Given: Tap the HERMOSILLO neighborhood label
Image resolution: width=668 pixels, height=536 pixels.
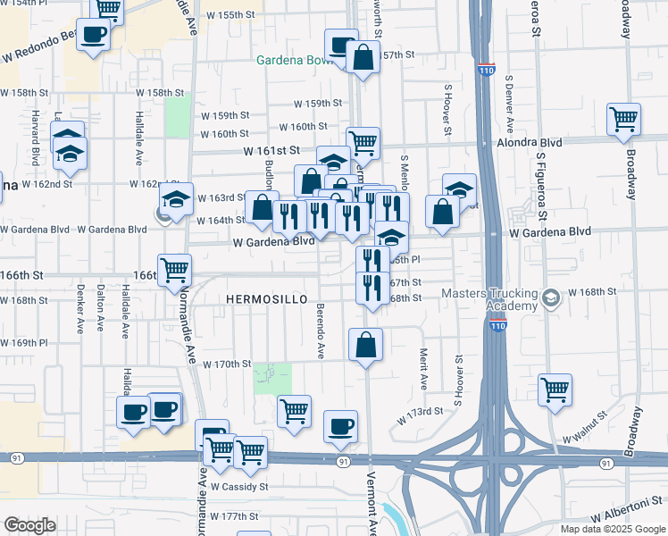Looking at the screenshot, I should click(x=267, y=298).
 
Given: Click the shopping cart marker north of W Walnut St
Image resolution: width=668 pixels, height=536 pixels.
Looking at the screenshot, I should click(x=555, y=390).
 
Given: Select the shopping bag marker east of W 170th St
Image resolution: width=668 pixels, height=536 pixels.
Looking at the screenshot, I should click(x=366, y=345).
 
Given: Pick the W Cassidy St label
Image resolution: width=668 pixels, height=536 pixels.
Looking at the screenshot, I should click(x=239, y=487).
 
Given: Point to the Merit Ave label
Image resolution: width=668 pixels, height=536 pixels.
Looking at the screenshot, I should click(x=424, y=369).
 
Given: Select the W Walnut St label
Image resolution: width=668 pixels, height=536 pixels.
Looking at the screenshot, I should click(x=585, y=440).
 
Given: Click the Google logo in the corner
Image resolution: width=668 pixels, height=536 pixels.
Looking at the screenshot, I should click(x=29, y=524).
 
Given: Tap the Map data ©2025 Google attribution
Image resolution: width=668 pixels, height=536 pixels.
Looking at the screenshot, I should click(x=612, y=529).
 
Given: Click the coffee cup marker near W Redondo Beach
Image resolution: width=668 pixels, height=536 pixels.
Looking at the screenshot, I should click(x=93, y=37).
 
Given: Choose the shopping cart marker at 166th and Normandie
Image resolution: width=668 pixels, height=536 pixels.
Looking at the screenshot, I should click(x=176, y=270).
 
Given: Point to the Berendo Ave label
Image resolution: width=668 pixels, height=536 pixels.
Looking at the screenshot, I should click(x=320, y=337).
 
